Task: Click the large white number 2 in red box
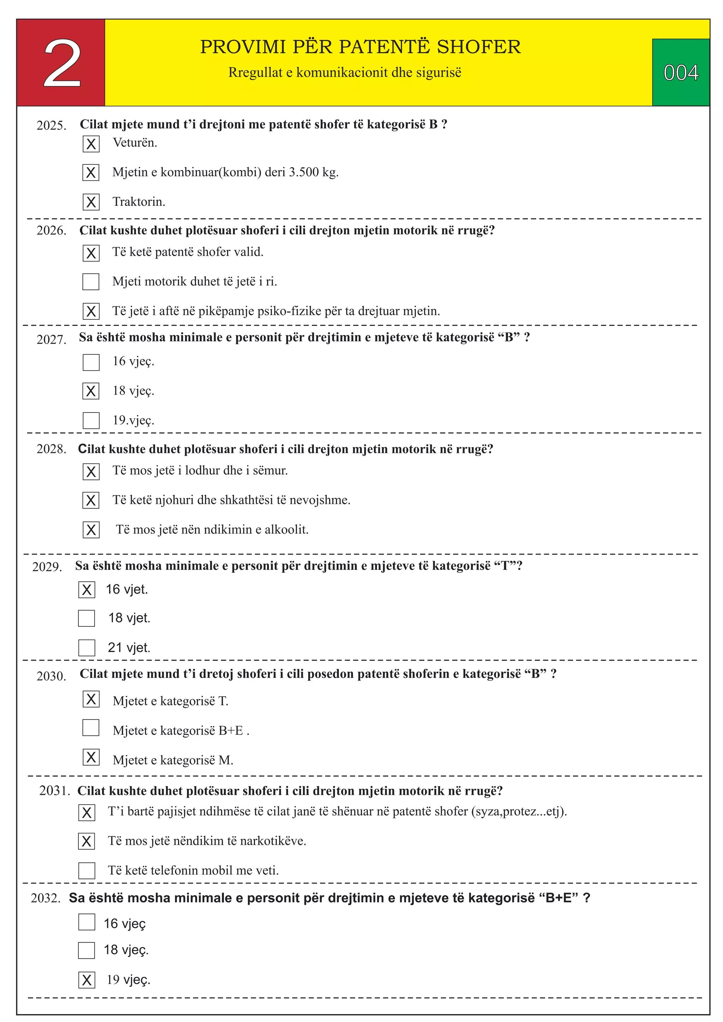(x=62, y=63)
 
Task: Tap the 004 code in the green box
(x=680, y=73)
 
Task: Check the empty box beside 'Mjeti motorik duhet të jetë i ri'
(x=91, y=282)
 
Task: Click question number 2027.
(x=51, y=339)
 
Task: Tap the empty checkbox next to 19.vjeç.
(x=91, y=421)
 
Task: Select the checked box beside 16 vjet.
(x=86, y=590)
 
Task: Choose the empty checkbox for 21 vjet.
(x=86, y=648)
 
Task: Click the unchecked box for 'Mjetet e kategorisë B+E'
(x=91, y=728)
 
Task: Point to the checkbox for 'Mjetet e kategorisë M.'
(x=91, y=757)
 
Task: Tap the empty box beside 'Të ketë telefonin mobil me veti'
(x=86, y=871)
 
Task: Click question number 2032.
(x=46, y=898)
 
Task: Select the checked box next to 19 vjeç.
(x=86, y=980)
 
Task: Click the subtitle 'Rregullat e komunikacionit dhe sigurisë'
(x=345, y=73)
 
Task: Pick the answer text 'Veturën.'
(x=135, y=143)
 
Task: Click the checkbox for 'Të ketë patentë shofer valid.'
(x=91, y=253)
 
